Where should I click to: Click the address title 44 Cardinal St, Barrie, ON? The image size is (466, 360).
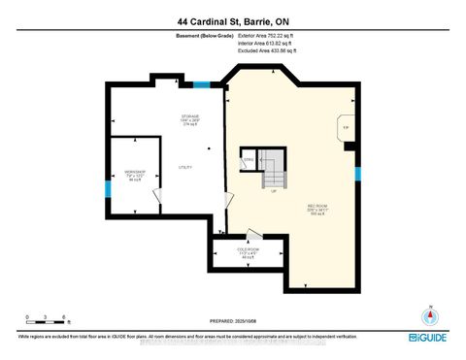[233, 20]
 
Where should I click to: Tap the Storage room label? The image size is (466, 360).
[189, 119]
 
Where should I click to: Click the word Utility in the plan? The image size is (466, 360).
[184, 166]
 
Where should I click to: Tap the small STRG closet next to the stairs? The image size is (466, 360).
[249, 159]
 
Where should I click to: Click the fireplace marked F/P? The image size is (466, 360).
[345, 128]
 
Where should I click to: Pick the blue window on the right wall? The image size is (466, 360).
[358, 175]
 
